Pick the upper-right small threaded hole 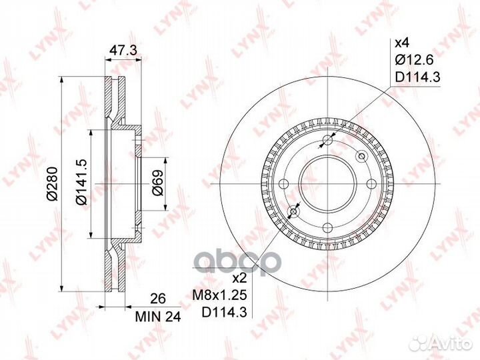[x=362, y=156]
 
